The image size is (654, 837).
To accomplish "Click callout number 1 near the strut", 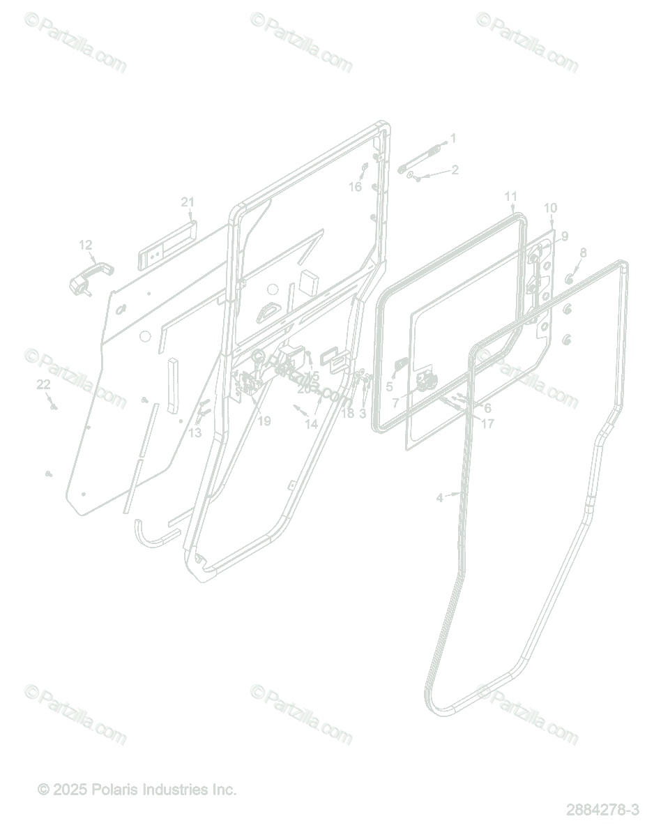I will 453,139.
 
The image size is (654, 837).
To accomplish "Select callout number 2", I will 455,169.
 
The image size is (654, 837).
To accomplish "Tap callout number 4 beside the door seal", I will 439,497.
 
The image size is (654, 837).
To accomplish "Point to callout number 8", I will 583,252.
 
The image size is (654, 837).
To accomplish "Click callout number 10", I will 551,208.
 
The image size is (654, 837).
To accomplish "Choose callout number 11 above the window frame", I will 511,196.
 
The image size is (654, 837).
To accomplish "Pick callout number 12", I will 85,245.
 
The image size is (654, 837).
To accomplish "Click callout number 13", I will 195,432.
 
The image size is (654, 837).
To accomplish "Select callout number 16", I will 356,186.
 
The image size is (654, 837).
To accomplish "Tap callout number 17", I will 488,423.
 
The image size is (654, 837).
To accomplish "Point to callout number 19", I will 264,421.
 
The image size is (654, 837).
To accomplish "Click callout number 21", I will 188,202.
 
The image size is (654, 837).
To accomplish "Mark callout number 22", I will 43,384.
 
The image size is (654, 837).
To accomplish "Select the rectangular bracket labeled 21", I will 167,244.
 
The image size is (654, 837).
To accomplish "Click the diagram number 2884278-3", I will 602,810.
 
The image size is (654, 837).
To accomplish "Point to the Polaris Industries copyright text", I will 137,790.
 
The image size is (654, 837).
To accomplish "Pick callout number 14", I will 311,423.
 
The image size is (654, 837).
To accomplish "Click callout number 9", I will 564,236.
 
